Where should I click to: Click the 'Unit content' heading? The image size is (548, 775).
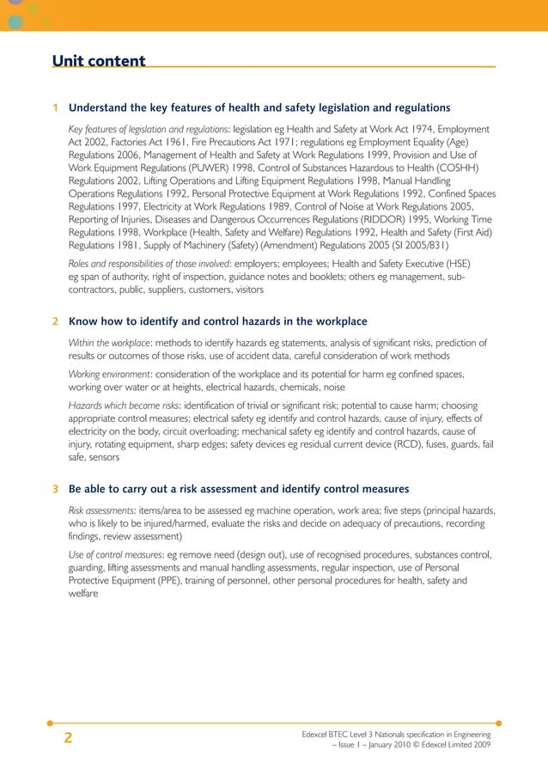click(x=99, y=61)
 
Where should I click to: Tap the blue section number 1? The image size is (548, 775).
click(x=55, y=108)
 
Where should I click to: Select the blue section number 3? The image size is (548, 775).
click(x=55, y=490)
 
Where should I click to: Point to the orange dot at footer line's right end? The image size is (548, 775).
click(x=499, y=723)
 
